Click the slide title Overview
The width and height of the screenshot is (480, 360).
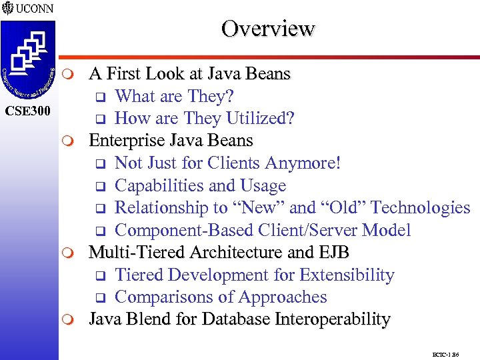coord(268,29)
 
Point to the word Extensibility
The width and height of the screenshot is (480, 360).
coord(347,275)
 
